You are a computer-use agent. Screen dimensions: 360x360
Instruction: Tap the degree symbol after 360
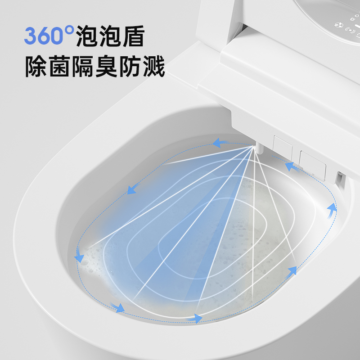[69, 31]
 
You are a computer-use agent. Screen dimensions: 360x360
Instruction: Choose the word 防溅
[142, 66]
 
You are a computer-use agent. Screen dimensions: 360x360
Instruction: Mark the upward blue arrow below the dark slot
[332, 209]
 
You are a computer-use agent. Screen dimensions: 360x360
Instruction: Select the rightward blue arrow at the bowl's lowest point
[195, 318]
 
